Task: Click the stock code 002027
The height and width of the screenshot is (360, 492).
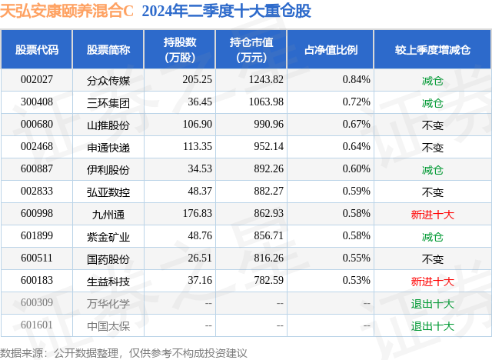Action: [x=36, y=79]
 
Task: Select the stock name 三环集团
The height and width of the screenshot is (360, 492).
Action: [x=108, y=102]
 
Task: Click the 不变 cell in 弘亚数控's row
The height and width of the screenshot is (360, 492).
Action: [x=433, y=192]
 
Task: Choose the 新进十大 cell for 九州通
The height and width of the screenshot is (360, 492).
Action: [x=433, y=215]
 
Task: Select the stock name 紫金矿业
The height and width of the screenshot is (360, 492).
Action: [x=108, y=237]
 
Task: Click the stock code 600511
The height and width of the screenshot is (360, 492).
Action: [x=36, y=259]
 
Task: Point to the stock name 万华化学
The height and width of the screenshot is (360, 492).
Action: [x=108, y=304]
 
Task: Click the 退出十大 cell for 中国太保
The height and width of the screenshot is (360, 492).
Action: [x=433, y=326]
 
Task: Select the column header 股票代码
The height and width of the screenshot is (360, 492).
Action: [x=37, y=49]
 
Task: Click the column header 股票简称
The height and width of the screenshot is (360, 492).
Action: [x=108, y=49]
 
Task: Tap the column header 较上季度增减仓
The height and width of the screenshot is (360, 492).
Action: [x=433, y=49]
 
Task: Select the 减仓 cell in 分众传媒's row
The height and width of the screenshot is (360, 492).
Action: [x=433, y=79]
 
